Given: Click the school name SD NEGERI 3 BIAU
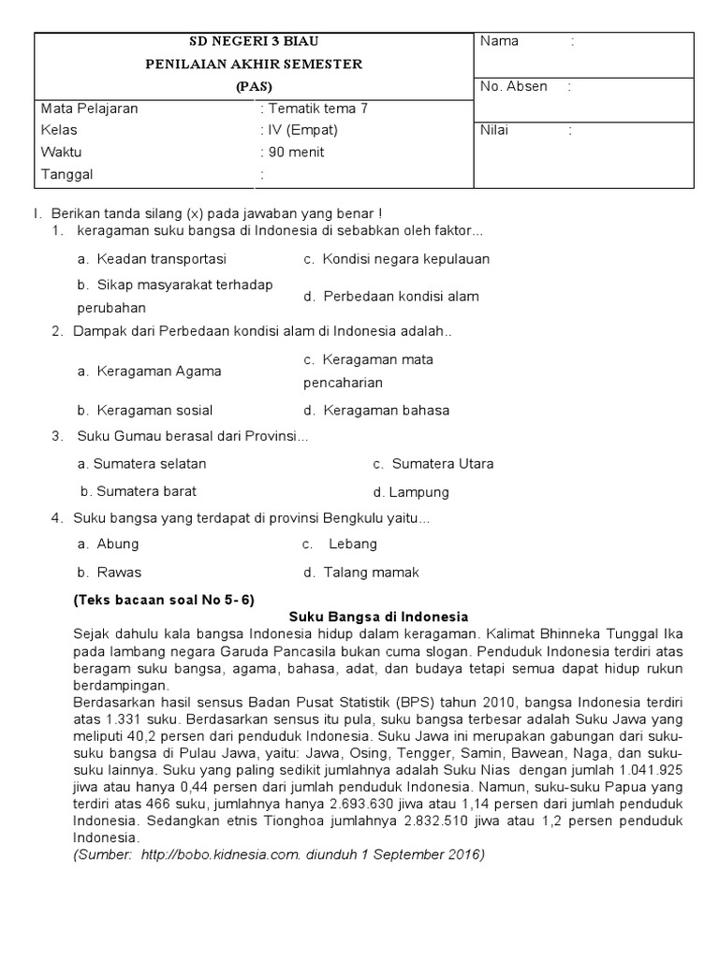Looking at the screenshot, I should pyautogui.click(x=254, y=42).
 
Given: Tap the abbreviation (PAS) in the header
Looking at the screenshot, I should pyautogui.click(x=254, y=86).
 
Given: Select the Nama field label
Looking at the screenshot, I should pyautogui.click(x=499, y=41).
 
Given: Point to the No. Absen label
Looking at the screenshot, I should pyautogui.click(x=513, y=86).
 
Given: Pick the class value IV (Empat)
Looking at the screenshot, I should pyautogui.click(x=302, y=130).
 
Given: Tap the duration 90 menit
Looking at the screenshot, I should pyautogui.click(x=296, y=152).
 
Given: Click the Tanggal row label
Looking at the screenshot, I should pyautogui.click(x=67, y=174).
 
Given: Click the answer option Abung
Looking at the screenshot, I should pyautogui.click(x=117, y=544).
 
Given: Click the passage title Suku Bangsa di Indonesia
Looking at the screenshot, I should pyautogui.click(x=377, y=617).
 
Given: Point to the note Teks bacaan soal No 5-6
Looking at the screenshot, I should pyautogui.click(x=164, y=600).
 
